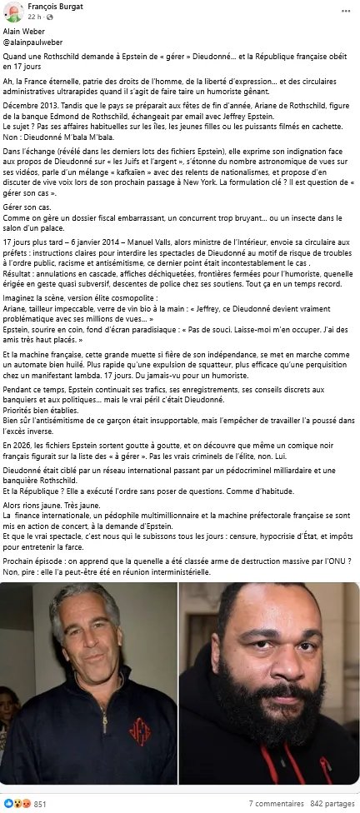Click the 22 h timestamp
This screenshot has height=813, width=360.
32,17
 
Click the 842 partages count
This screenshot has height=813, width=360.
332,803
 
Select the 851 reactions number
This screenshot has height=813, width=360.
39,803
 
